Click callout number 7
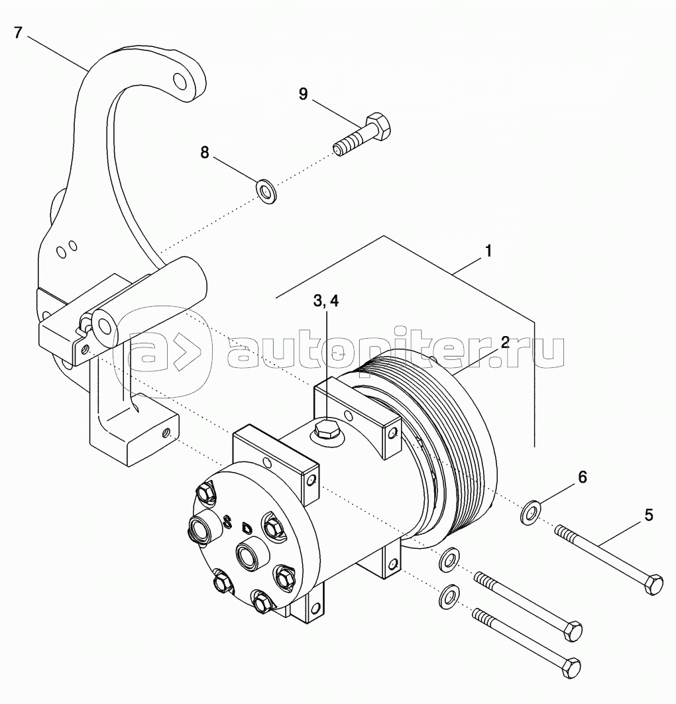(19, 32)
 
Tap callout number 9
(303, 93)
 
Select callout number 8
(205, 152)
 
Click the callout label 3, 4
(325, 301)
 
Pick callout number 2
(504, 343)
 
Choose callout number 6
(583, 476)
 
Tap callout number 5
(648, 514)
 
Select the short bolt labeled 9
(362, 135)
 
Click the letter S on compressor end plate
(228, 522)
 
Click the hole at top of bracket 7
(179, 82)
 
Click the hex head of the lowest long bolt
(570, 665)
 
